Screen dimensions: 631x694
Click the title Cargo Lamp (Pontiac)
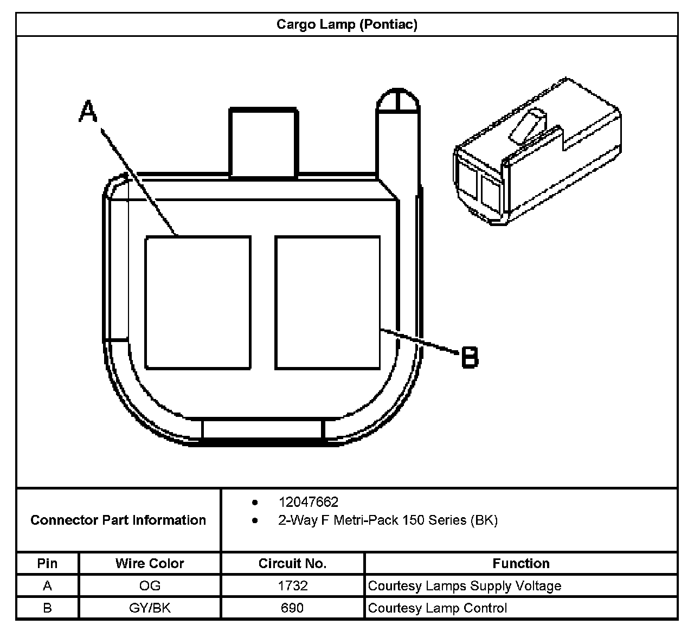click(346, 24)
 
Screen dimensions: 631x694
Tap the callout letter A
click(88, 112)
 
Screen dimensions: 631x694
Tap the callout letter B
click(470, 357)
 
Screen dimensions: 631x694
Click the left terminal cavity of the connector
click(198, 302)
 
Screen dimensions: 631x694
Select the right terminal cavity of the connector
click(327, 302)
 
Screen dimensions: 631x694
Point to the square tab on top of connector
click(264, 142)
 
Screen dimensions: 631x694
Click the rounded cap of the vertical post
click(398, 101)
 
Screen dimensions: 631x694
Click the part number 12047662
click(308, 502)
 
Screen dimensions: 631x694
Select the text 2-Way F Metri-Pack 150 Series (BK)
click(388, 520)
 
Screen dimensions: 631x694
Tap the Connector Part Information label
click(118, 520)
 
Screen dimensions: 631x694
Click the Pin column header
click(47, 563)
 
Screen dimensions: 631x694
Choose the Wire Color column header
click(150, 563)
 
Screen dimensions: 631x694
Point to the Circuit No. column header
click(292, 563)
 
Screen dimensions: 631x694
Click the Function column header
click(521, 563)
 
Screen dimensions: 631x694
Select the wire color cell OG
click(150, 585)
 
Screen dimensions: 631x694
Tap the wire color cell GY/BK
click(150, 608)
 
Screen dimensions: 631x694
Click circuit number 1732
click(292, 585)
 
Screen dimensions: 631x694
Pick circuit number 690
click(292, 608)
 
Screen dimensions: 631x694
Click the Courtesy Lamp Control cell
click(437, 608)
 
